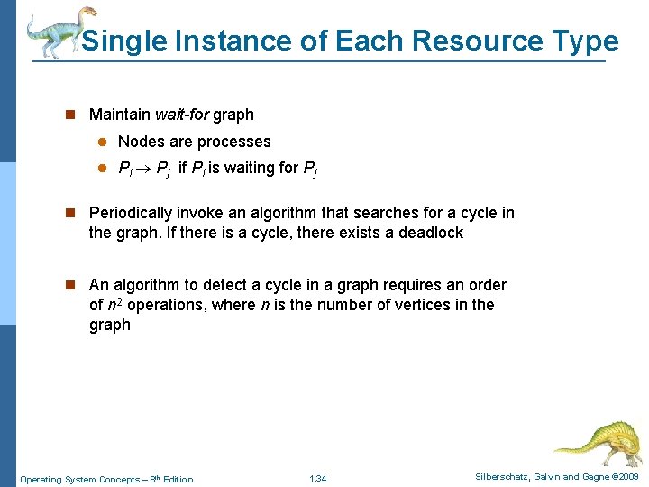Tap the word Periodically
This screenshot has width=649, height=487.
tap(133, 213)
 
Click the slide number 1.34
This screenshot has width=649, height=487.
tap(317, 478)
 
